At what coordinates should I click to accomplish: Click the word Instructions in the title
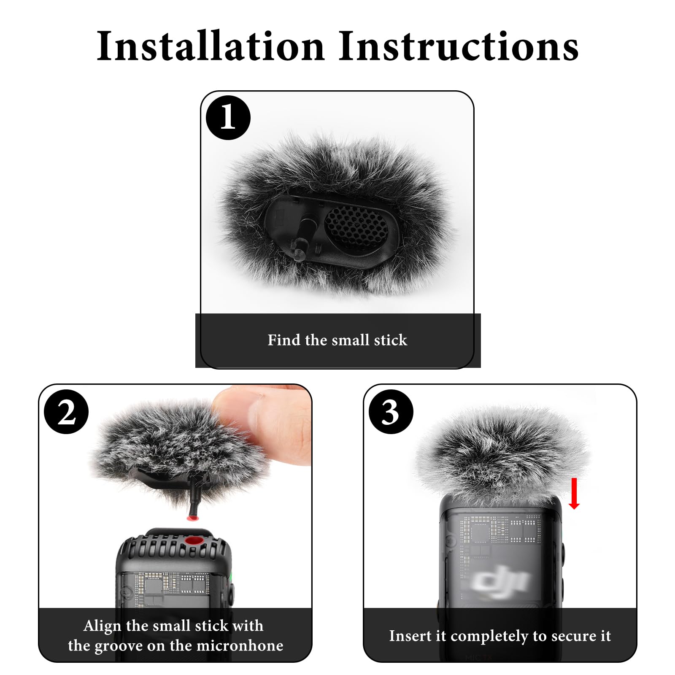pos(459,46)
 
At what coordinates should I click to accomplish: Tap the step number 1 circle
pos(228,117)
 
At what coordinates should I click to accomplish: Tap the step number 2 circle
pos(66,412)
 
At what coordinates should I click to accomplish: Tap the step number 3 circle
pos(391,412)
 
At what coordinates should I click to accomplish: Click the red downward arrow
pos(574,494)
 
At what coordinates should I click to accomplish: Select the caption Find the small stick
pos(337,340)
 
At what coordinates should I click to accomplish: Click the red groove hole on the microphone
pos(194,541)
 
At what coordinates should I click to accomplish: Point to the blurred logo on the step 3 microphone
pos(499,581)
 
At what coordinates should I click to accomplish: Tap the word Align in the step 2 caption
pos(103,626)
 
